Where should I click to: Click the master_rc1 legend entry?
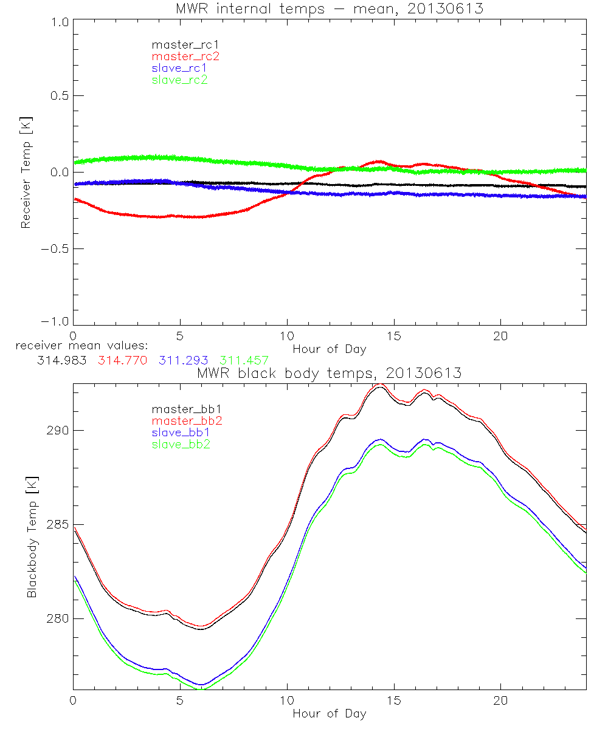[x=179, y=45]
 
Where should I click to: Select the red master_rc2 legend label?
[x=185, y=56]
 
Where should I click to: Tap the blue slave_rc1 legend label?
[x=179, y=68]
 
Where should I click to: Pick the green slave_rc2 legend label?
[x=179, y=80]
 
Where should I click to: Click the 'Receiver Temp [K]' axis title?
[x=26, y=171]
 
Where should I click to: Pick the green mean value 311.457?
[x=244, y=360]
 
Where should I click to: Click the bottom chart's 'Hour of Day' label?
[x=330, y=714]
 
